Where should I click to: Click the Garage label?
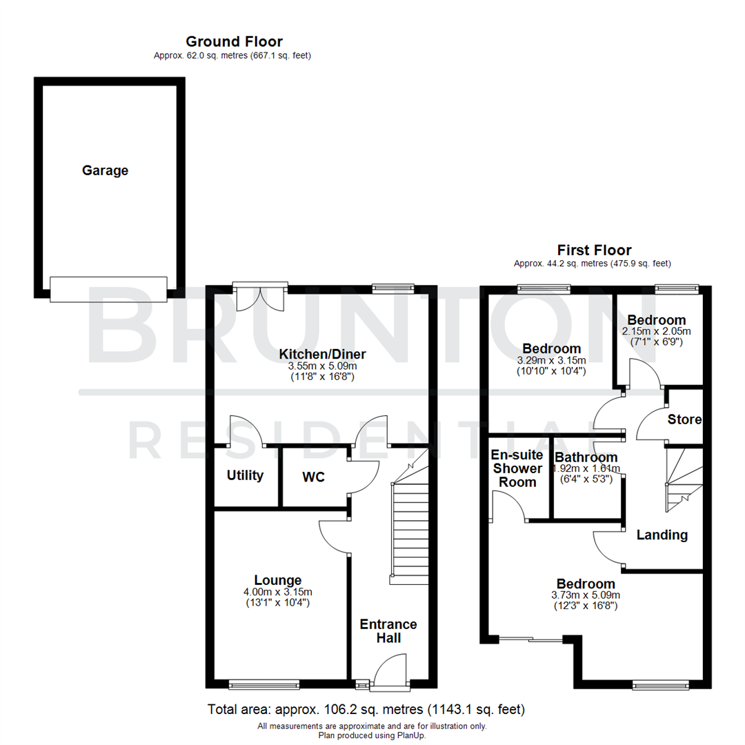click(105, 170)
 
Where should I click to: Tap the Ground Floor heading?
click(234, 41)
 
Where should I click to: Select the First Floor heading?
click(594, 250)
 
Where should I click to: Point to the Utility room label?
click(246, 475)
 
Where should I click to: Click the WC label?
click(313, 477)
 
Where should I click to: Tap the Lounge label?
click(277, 580)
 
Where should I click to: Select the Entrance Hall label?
click(388, 631)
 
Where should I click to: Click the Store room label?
click(684, 419)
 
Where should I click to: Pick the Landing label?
click(662, 535)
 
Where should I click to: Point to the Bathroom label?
click(586, 457)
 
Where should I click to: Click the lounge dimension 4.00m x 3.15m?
click(277, 592)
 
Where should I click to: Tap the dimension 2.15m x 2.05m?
click(656, 331)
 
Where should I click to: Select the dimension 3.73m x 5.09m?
click(586, 595)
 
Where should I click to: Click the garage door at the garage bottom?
click(108, 288)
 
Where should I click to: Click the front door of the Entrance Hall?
click(390, 674)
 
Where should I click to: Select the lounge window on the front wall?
click(264, 685)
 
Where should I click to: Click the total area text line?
click(366, 709)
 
